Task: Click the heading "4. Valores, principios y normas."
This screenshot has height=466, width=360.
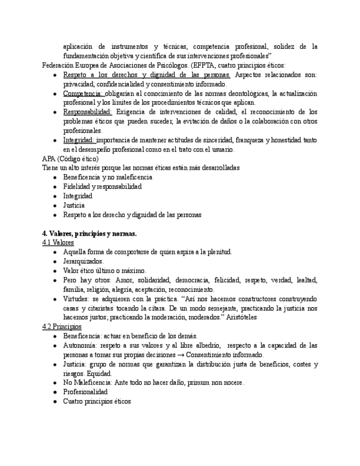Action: tap(89, 234)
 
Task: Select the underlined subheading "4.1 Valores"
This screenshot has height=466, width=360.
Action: tap(58, 242)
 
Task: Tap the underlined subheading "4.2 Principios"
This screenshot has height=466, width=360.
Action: tap(62, 326)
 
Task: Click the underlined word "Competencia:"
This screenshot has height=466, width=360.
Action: tap(82, 93)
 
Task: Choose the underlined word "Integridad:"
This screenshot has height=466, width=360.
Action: tap(79, 140)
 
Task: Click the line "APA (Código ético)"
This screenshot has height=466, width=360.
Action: tap(70, 159)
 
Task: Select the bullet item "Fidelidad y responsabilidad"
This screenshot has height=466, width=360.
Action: tap(102, 187)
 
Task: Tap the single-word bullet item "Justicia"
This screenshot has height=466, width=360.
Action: tap(74, 206)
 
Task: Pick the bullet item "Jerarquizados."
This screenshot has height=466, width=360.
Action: tap(83, 261)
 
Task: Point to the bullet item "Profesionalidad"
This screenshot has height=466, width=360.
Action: tap(85, 392)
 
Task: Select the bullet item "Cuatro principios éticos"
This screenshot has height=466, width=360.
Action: tap(97, 401)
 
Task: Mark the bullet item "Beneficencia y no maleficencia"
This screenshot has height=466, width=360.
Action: tap(108, 177)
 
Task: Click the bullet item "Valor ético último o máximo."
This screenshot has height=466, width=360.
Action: tap(104, 270)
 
